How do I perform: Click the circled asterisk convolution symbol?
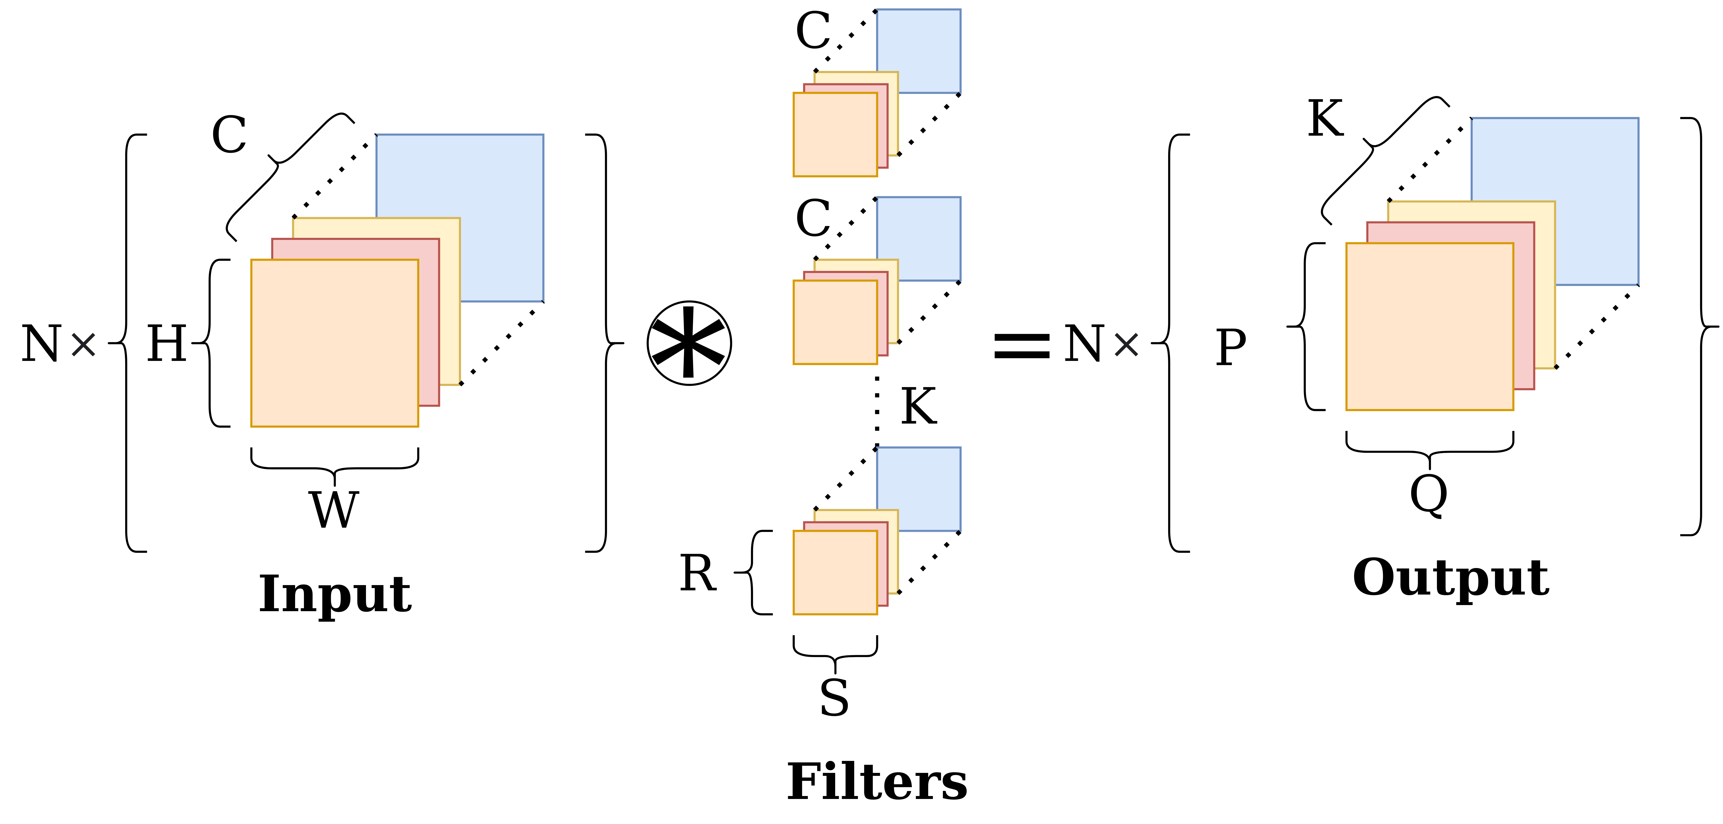click(689, 343)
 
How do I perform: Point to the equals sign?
click(1021, 345)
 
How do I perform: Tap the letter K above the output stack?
click(1325, 119)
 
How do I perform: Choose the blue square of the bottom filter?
click(930, 478)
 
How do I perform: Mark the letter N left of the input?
click(41, 344)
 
